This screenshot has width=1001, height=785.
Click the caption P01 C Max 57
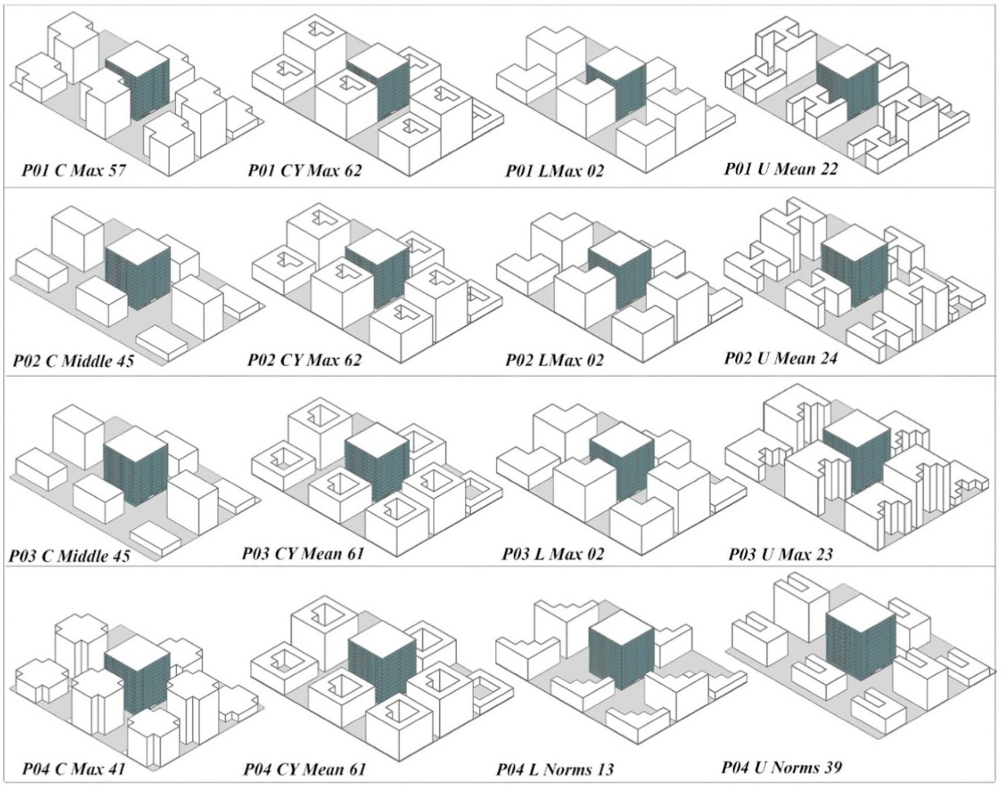(74, 170)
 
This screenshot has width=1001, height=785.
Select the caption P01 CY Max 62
(304, 170)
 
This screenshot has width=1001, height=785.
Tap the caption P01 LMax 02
(554, 171)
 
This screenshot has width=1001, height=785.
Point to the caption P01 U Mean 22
(781, 169)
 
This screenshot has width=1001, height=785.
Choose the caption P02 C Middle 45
(73, 361)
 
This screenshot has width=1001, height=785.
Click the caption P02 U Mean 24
(780, 358)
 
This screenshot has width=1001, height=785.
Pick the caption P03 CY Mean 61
(303, 553)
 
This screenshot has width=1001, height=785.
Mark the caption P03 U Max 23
(780, 554)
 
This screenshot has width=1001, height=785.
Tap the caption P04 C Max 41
(74, 769)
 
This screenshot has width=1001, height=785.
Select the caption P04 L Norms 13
(555, 769)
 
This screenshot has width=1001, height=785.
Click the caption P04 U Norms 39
(781, 768)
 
